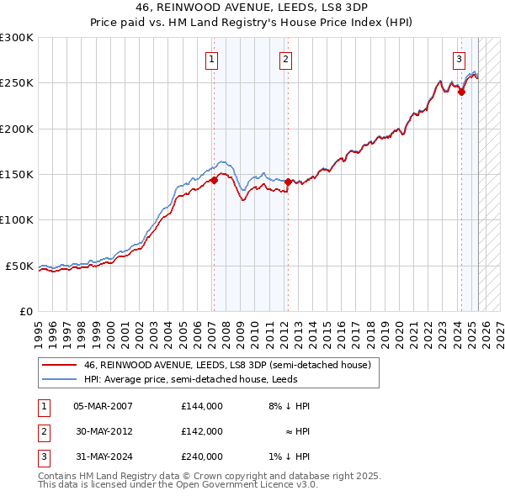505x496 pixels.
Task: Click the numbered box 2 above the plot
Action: click(x=286, y=59)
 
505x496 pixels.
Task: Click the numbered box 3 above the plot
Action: click(x=459, y=59)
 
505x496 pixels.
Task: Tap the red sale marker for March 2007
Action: click(x=215, y=179)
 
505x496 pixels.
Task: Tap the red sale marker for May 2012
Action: click(x=288, y=182)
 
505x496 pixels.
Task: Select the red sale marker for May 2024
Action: click(x=461, y=92)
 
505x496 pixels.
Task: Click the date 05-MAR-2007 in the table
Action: click(x=104, y=407)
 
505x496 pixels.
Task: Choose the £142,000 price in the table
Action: click(x=202, y=431)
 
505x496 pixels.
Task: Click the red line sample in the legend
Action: click(x=59, y=366)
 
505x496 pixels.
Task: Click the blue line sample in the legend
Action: click(x=59, y=379)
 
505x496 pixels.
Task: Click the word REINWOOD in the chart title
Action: click(x=183, y=6)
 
